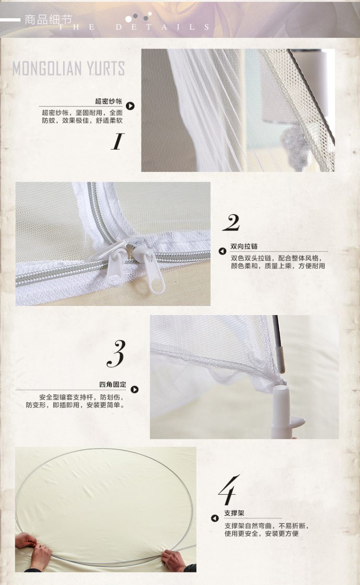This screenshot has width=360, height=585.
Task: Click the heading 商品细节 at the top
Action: click(48, 20)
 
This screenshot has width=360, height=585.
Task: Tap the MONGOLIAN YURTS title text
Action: click(69, 68)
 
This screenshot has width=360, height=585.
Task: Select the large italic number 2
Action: click(231, 222)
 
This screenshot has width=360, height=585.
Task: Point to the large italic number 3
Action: click(116, 353)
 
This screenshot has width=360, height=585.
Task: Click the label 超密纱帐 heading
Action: click(108, 101)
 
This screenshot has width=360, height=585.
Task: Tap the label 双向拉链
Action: click(244, 246)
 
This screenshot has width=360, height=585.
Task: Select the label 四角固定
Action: click(112, 384)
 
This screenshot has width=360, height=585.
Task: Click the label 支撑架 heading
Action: click(234, 513)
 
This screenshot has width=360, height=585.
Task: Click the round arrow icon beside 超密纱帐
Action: click(130, 106)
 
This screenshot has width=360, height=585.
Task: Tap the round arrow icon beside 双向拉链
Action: click(222, 251)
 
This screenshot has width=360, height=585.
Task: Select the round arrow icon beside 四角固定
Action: click(134, 390)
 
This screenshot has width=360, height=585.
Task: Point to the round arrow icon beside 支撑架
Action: click(215, 518)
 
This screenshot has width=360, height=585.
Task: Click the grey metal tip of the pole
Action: click(279, 359)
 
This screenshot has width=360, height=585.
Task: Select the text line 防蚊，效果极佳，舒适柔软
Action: click(82, 121)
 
